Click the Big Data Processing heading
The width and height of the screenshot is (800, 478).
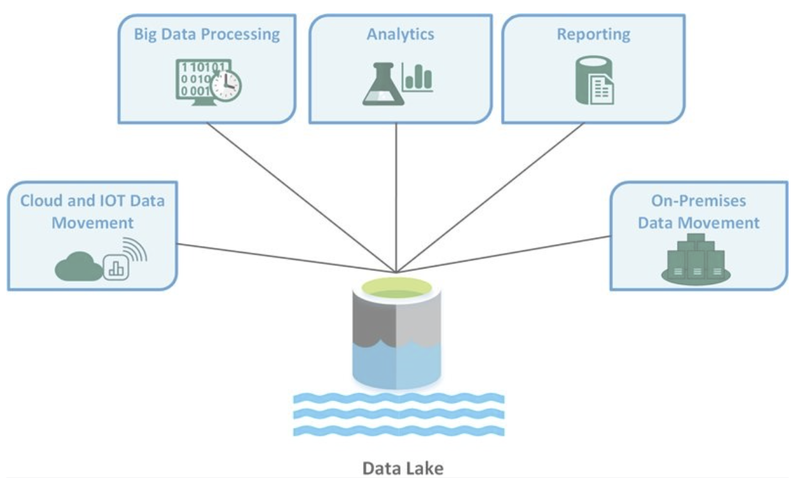207,34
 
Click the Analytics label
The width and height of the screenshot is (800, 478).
400,34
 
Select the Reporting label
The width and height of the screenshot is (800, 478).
593,34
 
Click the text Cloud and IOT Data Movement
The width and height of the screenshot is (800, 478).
93,211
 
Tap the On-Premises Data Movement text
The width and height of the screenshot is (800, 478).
698,211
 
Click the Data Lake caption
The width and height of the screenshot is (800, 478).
403,468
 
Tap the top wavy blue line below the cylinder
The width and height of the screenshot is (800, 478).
399,398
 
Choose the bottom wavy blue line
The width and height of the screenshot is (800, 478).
399,431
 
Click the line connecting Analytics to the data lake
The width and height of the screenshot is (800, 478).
396,194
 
